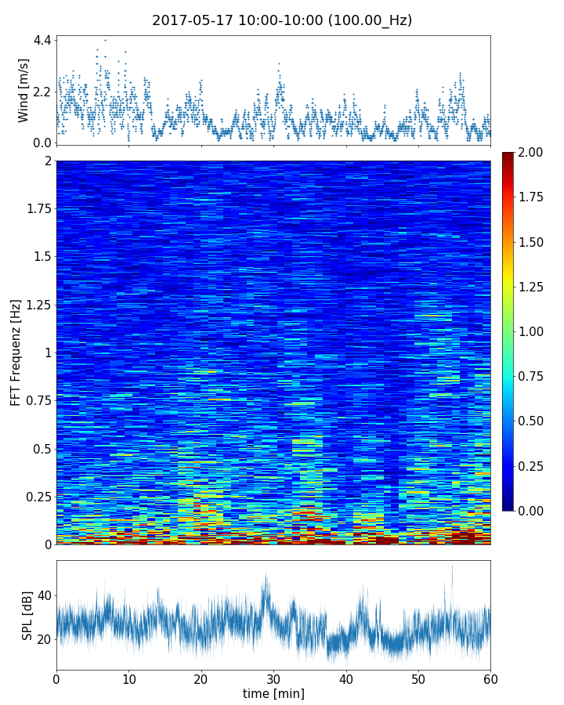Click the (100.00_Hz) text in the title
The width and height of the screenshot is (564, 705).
pyautogui.click(x=366, y=20)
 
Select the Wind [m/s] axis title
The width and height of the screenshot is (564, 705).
pyautogui.click(x=23, y=90)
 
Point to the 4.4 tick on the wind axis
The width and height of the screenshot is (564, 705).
pyautogui.click(x=42, y=39)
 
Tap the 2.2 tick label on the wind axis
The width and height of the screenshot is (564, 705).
pyautogui.click(x=42, y=92)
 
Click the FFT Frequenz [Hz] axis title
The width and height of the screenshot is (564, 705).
pyautogui.click(x=16, y=352)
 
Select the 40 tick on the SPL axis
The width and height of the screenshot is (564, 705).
pyautogui.click(x=44, y=595)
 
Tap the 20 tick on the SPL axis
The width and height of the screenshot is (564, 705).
pyautogui.click(x=44, y=639)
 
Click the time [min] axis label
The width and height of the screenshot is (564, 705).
pyautogui.click(x=273, y=693)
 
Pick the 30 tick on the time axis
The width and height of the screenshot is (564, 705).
pyautogui.click(x=273, y=678)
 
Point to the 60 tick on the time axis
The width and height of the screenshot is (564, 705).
pyautogui.click(x=491, y=678)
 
